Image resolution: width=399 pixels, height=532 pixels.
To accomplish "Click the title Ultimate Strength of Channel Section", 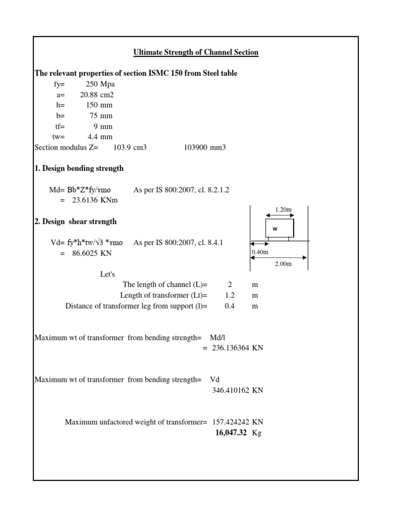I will tap(196, 52).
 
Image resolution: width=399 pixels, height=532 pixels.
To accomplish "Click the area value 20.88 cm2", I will tap(97, 95).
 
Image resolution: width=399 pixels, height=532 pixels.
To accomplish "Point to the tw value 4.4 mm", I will tap(100, 137).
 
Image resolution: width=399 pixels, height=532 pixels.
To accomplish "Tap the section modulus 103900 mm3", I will tap(205, 148).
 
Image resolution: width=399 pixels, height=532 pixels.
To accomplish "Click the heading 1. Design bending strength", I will tap(79, 168).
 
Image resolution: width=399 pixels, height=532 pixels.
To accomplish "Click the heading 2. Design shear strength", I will tap(75, 221).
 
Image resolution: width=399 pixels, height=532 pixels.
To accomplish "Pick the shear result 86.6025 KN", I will tap(91, 253).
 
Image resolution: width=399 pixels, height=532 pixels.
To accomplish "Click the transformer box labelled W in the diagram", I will tap(280, 228).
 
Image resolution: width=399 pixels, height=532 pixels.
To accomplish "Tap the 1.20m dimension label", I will tap(283, 209).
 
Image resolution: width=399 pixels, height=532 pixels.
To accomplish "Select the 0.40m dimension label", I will tap(259, 252).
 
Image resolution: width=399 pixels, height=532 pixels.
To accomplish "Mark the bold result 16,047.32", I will tap(231, 432).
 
